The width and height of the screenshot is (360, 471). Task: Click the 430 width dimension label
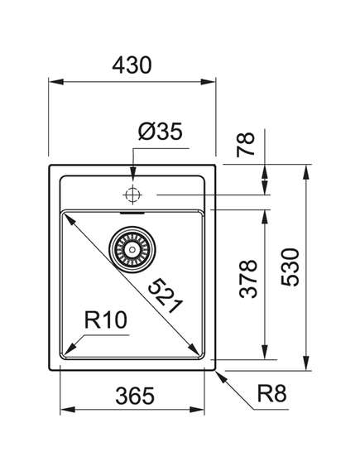pos(132,65)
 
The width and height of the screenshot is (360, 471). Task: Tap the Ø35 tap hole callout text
pos(161,132)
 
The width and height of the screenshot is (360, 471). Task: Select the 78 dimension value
pos(245,145)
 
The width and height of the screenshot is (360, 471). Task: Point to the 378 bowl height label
pos(248,279)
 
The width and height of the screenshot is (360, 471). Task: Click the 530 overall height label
pos(290,267)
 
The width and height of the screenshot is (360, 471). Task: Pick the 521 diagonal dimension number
pos(166,296)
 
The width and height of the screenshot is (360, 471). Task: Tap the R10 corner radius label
pos(106,320)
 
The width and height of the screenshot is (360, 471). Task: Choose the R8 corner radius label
pos(271,394)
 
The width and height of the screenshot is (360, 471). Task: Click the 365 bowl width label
pos(135,396)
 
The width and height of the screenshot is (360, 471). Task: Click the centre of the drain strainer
pos(132,249)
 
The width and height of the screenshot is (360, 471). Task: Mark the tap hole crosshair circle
pos(132,195)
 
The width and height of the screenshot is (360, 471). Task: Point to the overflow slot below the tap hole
pos(132,214)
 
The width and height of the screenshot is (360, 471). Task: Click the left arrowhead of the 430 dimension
pos(55,82)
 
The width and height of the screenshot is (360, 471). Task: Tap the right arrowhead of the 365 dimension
pos(197,409)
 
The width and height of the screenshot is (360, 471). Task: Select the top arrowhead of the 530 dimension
pos(306,172)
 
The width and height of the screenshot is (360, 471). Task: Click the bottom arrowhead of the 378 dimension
pos(265,352)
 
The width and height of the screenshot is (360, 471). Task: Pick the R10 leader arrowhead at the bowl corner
pos(70,349)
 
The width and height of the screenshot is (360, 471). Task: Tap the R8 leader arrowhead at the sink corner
pos(221,377)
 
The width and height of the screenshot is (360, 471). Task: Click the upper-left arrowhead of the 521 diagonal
pos(69,219)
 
